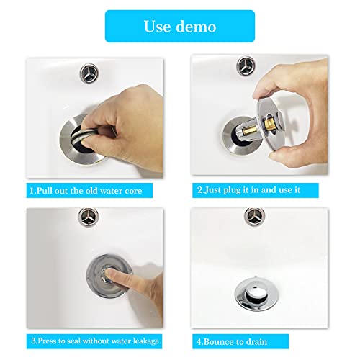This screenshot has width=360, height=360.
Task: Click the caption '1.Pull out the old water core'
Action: (91, 191)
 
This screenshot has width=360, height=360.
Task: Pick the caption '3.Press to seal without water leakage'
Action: (94, 340)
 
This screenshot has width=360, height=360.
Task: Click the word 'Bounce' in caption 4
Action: (220, 340)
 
